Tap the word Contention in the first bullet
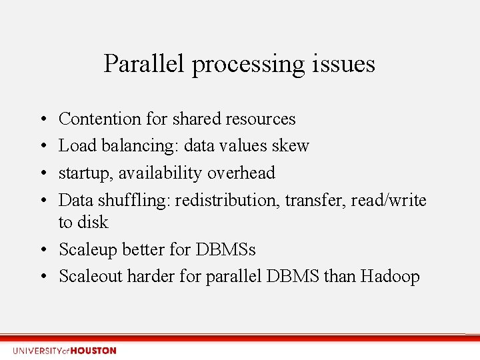point(100,119)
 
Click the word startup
point(84,173)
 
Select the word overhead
point(241,173)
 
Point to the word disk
point(93,222)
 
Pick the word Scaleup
point(91,249)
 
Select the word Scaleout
point(93,276)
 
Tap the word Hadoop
point(390,276)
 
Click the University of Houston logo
point(64,351)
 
